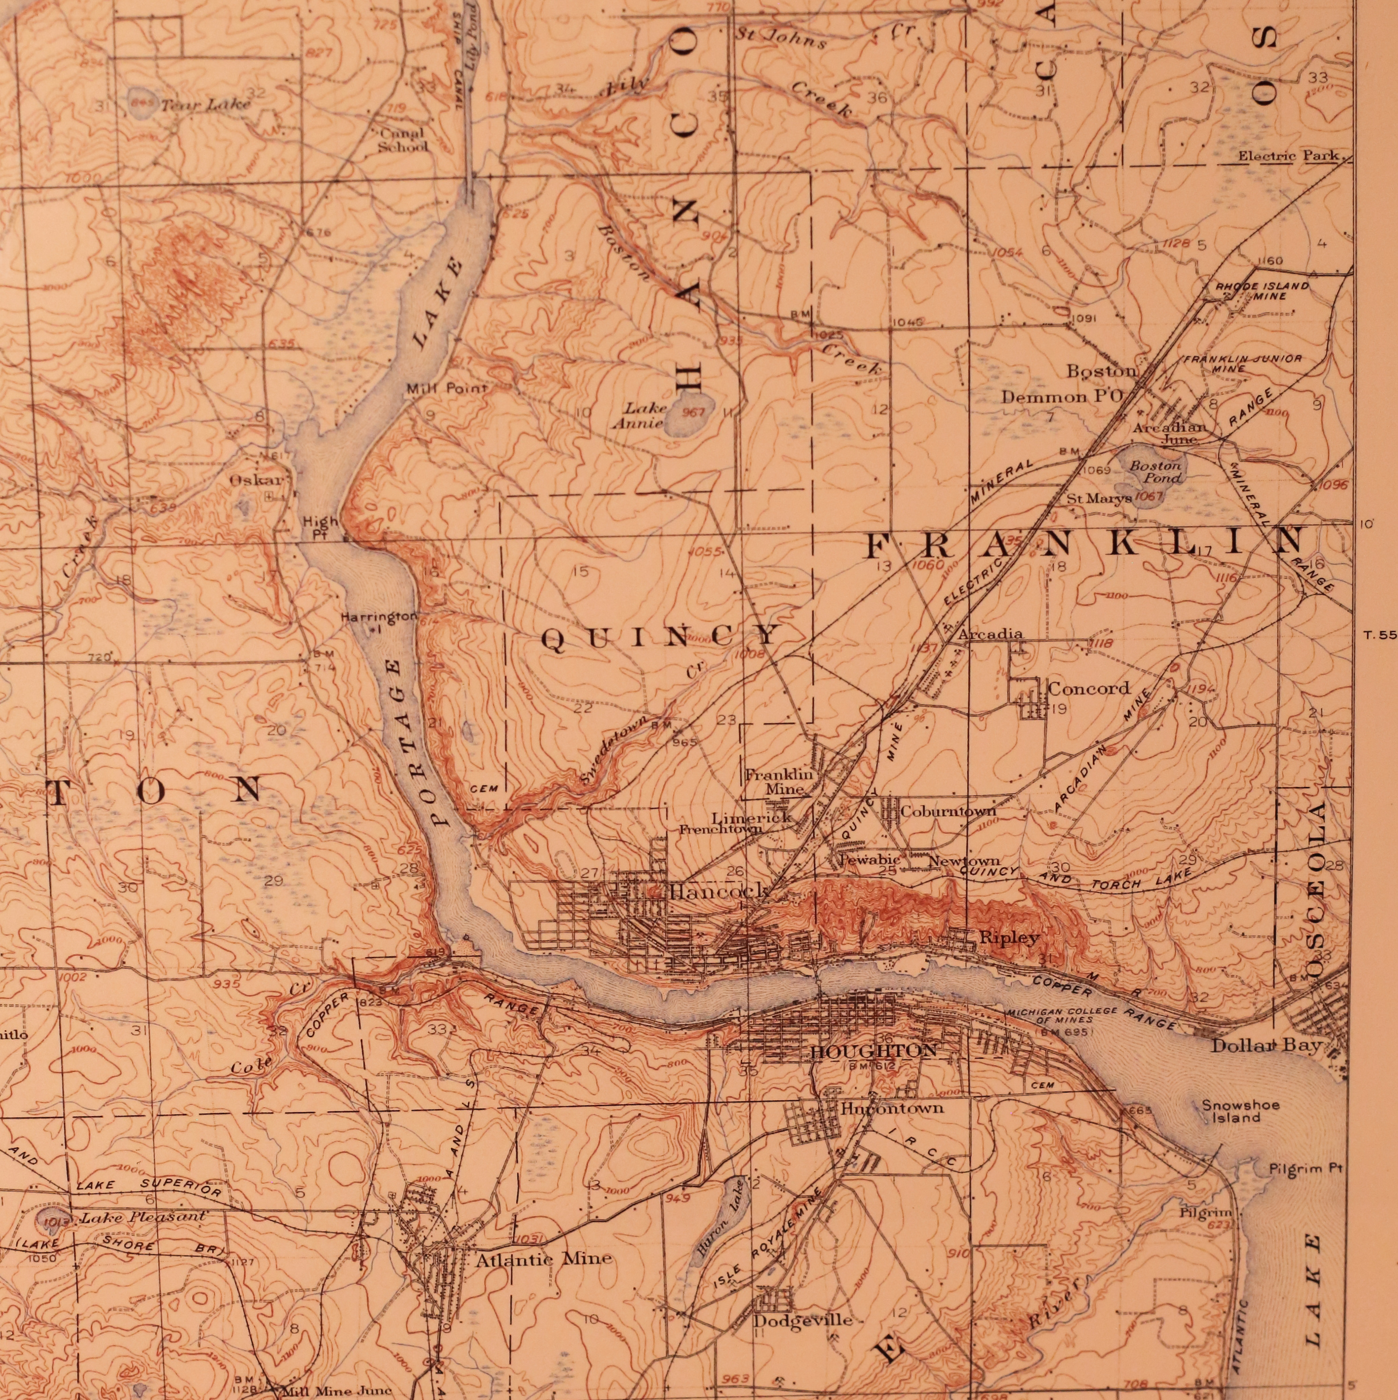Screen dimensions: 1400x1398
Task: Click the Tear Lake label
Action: click(205, 105)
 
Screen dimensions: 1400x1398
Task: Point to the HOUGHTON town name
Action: click(874, 1051)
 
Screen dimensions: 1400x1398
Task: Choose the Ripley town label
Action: click(1009, 937)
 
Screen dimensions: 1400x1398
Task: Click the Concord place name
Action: click(1089, 688)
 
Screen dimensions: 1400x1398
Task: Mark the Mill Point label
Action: click(447, 388)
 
